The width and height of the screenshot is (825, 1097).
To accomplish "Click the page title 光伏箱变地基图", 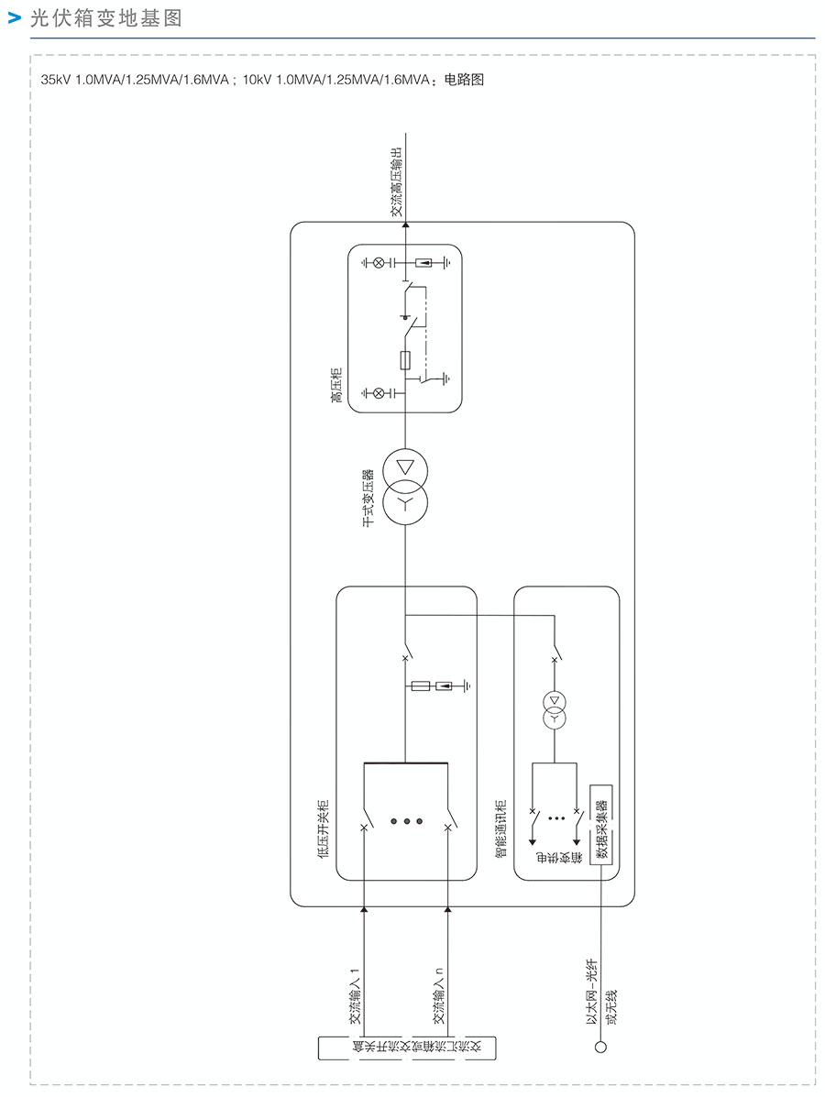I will click(106, 19).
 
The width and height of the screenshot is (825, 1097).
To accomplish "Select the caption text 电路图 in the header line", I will click(463, 80).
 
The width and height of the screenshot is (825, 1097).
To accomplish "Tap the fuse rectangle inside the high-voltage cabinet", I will click(405, 359).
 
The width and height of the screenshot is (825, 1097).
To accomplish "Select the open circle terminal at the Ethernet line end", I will click(601, 1048).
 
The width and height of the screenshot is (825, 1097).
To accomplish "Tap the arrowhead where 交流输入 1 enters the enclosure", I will click(364, 909).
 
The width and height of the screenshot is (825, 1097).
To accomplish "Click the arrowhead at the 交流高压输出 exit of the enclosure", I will click(405, 224).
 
